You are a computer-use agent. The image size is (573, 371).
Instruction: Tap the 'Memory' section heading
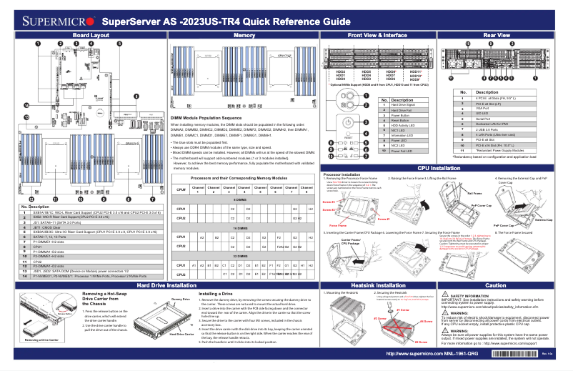[x=244, y=34]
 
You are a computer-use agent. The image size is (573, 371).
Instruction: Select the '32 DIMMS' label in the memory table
[x=241, y=255]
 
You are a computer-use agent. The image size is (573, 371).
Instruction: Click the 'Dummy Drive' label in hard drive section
[x=180, y=299]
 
